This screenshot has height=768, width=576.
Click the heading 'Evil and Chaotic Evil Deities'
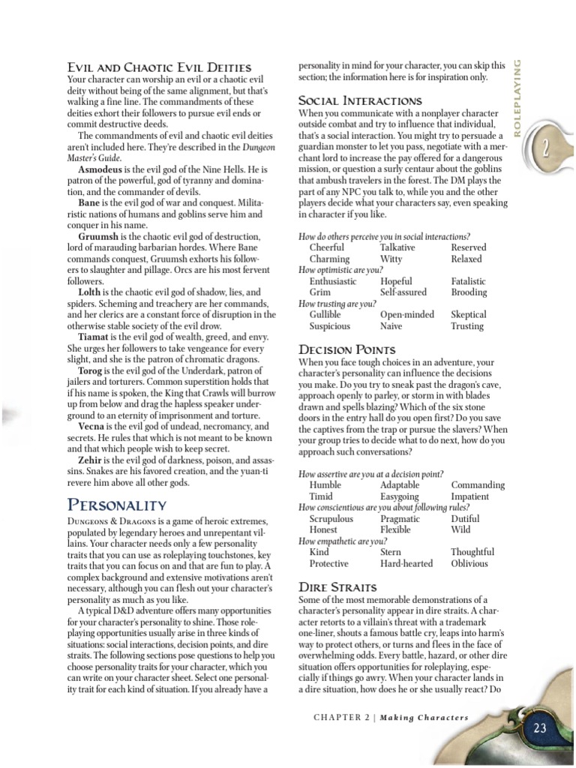[159, 68]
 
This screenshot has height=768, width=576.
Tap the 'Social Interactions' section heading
[360, 100]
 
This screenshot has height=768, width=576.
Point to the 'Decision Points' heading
[346, 349]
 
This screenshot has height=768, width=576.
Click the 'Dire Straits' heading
[337, 586]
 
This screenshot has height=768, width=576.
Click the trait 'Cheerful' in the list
[327, 247]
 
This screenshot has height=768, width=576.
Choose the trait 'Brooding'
[469, 292]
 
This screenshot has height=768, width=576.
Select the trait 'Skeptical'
[469, 315]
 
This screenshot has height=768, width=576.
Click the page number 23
[541, 727]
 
